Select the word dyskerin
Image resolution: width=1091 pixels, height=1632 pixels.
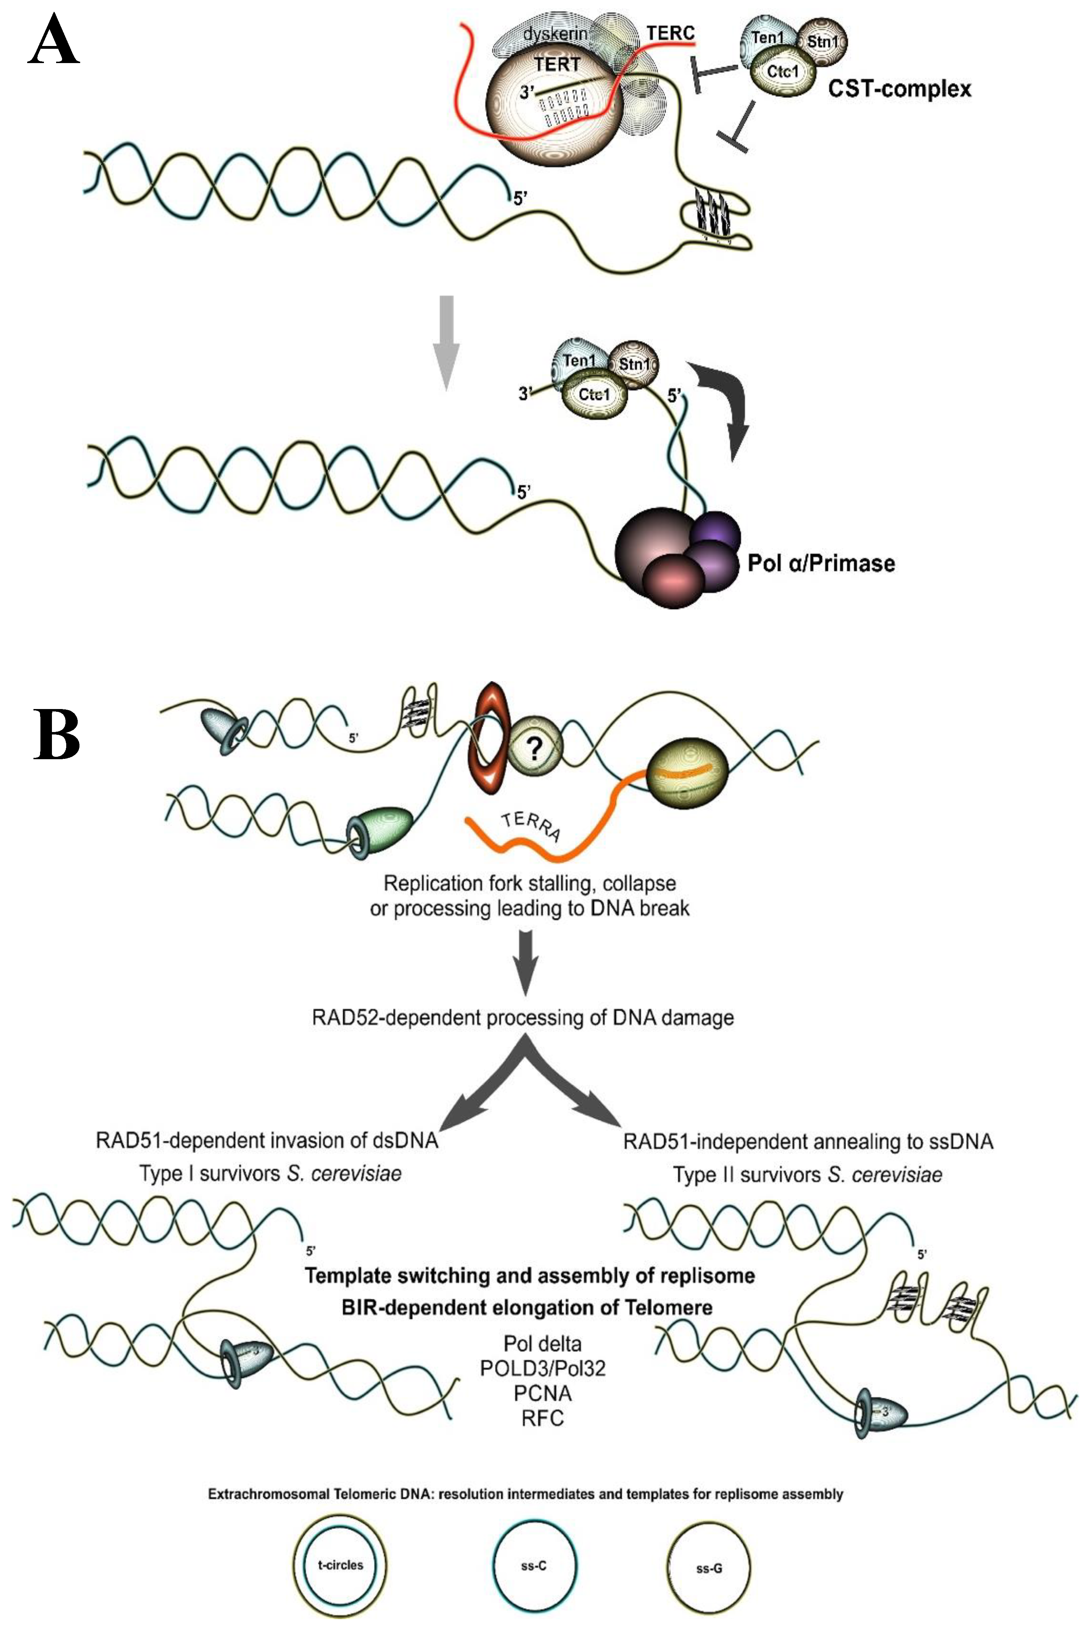click(x=555, y=33)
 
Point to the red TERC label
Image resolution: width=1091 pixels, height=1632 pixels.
click(x=670, y=33)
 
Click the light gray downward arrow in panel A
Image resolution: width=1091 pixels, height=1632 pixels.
click(x=447, y=341)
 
